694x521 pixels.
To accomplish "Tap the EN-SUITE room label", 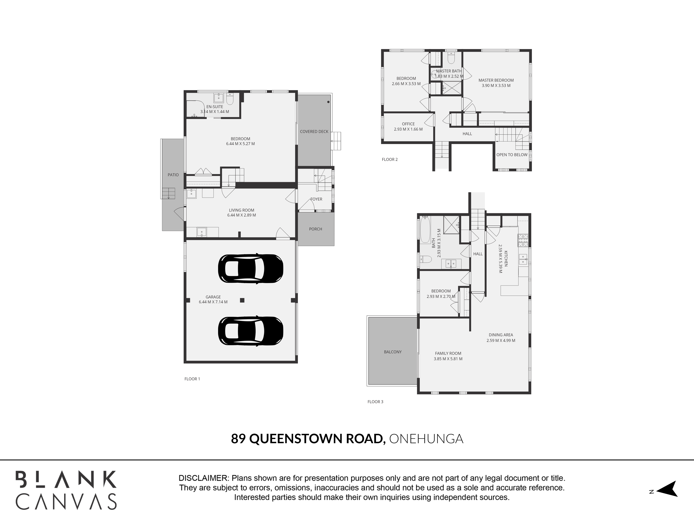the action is (x=215, y=107).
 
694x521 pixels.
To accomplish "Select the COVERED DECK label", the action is (x=314, y=132).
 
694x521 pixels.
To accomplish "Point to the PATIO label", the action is (x=173, y=175).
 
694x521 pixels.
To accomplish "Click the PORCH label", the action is (x=316, y=229).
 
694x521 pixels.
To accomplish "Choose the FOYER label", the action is (x=316, y=199).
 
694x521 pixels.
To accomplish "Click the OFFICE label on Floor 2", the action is (x=408, y=124).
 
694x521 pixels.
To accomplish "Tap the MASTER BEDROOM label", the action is (x=496, y=80).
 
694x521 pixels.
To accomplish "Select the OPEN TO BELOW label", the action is (x=512, y=155).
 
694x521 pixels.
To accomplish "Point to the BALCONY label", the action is (x=393, y=352).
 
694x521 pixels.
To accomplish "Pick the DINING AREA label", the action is (x=501, y=335).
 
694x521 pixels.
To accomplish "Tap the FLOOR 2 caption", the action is (x=390, y=160).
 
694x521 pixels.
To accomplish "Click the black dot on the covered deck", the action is (x=328, y=102).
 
